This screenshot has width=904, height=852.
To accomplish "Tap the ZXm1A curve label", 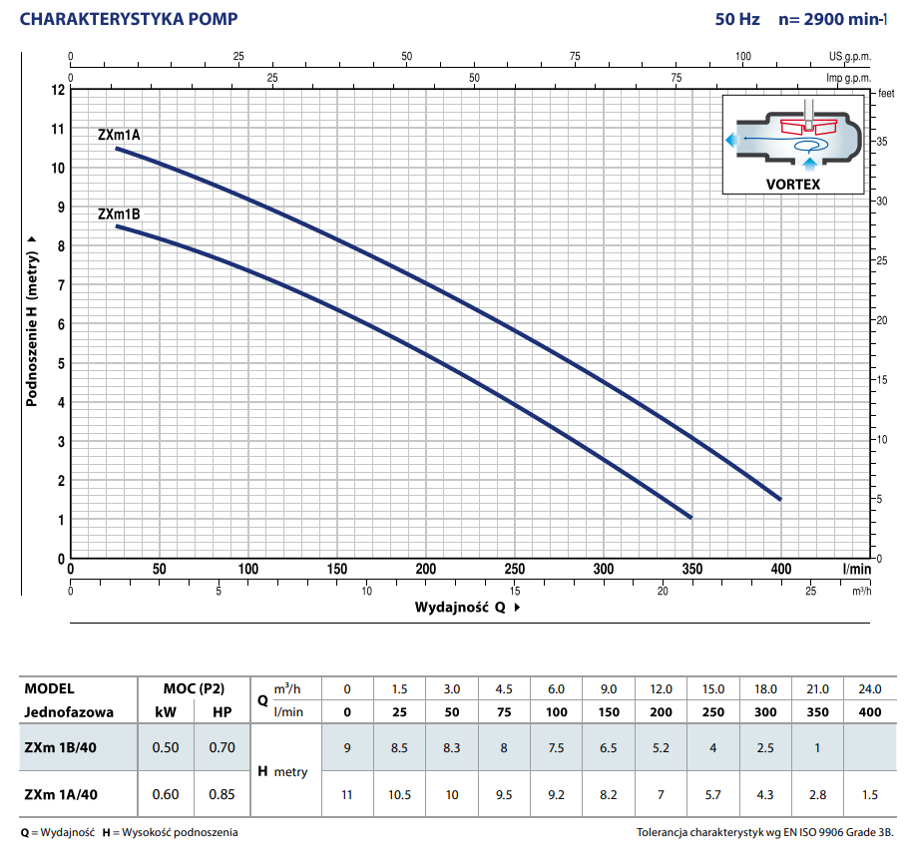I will pyautogui.click(x=119, y=134).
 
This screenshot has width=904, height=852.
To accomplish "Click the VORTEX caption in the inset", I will pyautogui.click(x=793, y=185).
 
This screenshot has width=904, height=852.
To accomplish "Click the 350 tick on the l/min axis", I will pyautogui.click(x=691, y=569).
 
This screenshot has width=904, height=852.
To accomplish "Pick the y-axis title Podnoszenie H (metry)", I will pyautogui.click(x=32, y=321).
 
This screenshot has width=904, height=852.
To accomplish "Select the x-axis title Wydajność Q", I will pyautogui.click(x=462, y=607).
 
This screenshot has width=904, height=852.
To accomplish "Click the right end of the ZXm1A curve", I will pyautogui.click(x=779, y=498).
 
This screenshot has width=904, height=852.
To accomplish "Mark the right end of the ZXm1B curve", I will pyautogui.click(x=690, y=517).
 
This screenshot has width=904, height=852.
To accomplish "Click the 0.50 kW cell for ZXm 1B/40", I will pyautogui.click(x=166, y=747).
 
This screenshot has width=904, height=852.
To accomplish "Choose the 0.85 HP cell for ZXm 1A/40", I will pyautogui.click(x=222, y=794).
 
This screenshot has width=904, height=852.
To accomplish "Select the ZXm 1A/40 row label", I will pyautogui.click(x=63, y=794).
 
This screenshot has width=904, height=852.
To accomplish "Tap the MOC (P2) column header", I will pyautogui.click(x=194, y=688).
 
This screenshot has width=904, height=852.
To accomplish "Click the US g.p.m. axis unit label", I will pyautogui.click(x=850, y=57).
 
